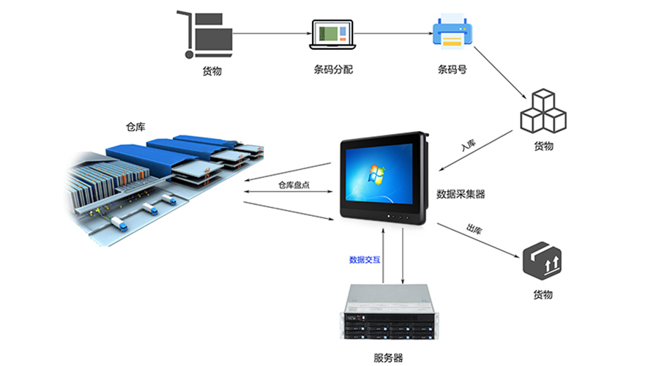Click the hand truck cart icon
[x=205, y=34]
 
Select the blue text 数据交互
[x=364, y=259]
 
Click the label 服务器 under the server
[x=387, y=358]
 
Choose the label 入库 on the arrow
[x=469, y=144]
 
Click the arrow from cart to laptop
[x=271, y=34]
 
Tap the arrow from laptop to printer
[x=392, y=34]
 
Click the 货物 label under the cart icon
[x=212, y=71]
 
